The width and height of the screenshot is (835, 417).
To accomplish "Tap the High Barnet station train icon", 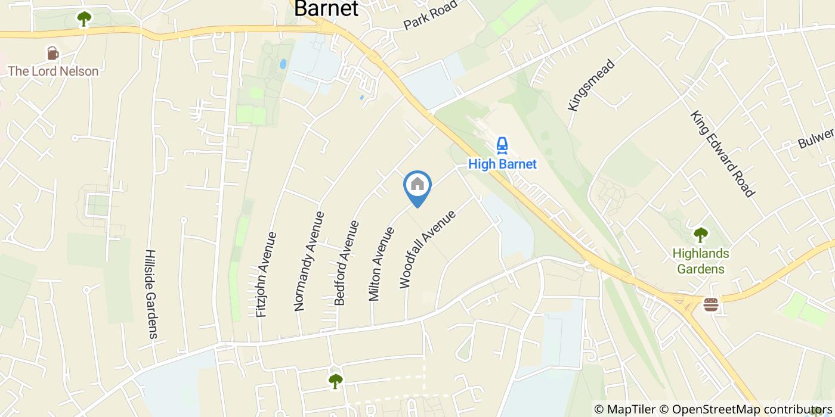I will coord(502,145).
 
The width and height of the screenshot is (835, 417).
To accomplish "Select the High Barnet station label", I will coord(502,164).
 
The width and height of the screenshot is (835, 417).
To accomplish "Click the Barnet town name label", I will coord(326,9).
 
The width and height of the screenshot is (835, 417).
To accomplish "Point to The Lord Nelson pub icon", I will coord(53,54).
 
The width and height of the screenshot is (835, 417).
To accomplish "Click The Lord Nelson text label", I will coord(53,71).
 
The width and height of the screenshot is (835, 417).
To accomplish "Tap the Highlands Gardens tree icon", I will coord(700,235).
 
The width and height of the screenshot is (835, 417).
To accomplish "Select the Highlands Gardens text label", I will coord(700,261).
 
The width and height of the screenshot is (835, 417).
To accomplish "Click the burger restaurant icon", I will coord(710,305).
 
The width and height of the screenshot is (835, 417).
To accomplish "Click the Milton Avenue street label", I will coord(382,264).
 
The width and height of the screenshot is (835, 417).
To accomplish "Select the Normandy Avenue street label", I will coord(309,261).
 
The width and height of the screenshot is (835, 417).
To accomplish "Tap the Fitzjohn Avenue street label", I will coord(267,274).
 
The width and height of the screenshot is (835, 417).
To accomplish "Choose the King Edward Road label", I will coord(723,153).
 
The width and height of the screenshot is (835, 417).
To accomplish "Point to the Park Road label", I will coord(430,15).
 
